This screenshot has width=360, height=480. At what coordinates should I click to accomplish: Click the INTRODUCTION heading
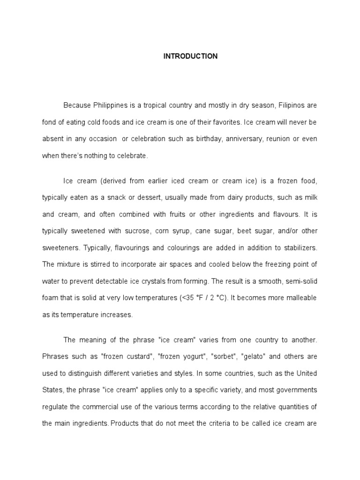coord(190,56)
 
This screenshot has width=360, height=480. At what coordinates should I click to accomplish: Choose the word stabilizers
coord(297,247)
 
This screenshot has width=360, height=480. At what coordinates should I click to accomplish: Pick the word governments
coord(292,390)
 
